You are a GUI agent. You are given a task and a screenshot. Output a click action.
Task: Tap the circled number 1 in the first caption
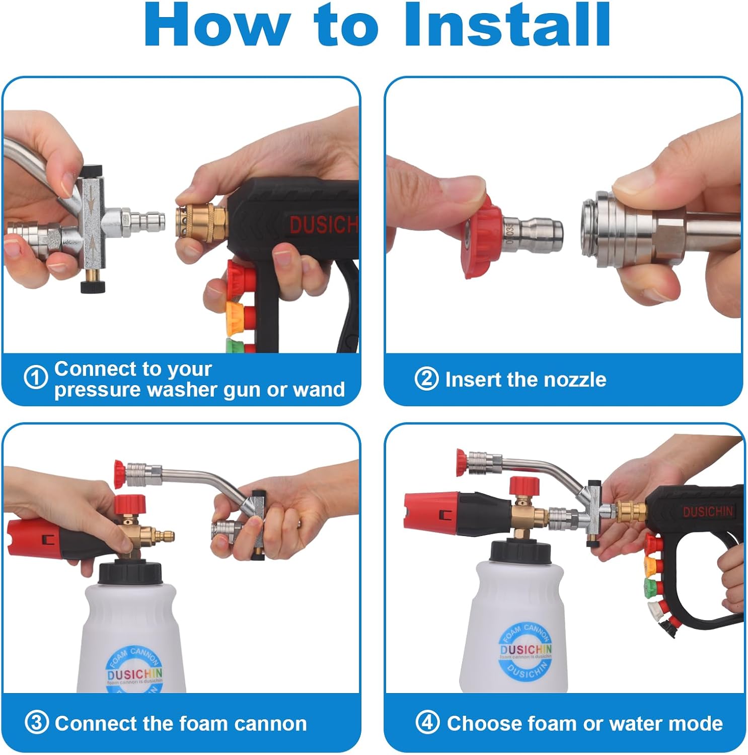coord(36,378)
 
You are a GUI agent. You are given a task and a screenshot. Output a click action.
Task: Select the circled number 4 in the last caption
coord(427,723)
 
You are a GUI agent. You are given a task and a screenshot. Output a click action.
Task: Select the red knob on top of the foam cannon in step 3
coord(129,503)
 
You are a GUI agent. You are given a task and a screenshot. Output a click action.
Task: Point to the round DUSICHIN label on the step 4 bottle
coord(525,650)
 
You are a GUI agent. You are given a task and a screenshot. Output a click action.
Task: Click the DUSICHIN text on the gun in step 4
coord(707,512)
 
